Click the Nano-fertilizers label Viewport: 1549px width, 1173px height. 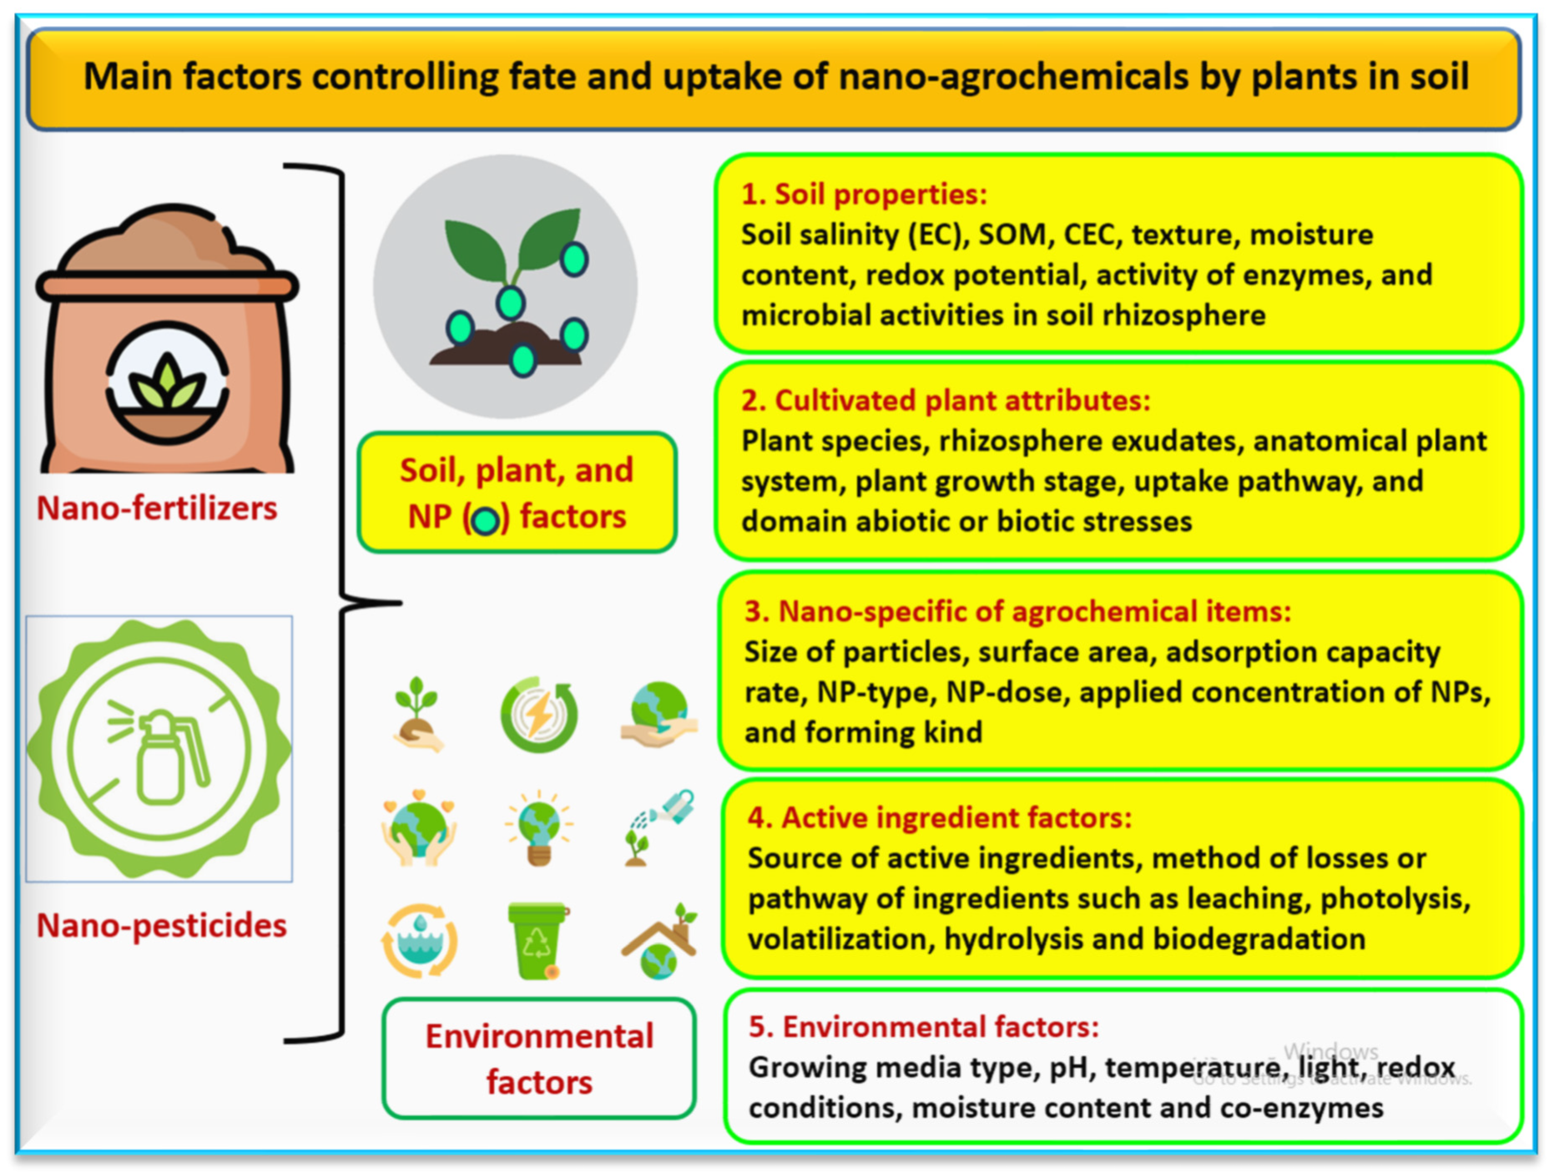(157, 508)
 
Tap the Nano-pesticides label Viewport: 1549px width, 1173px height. (161, 925)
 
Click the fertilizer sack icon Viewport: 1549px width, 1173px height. (167, 342)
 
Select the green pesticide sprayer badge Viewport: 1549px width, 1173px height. (159, 749)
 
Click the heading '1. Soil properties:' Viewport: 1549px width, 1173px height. (864, 194)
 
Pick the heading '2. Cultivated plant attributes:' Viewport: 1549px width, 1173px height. (946, 400)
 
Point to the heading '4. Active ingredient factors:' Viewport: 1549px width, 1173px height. (940, 817)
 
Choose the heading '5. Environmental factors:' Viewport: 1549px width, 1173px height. (924, 1026)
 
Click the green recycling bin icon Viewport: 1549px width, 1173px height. (537, 940)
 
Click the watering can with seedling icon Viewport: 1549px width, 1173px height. (660, 827)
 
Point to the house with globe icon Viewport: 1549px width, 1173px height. (660, 941)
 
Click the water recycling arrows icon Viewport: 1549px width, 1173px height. (419, 941)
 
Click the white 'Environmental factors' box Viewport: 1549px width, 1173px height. (539, 1058)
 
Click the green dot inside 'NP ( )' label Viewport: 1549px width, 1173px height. (486, 520)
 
